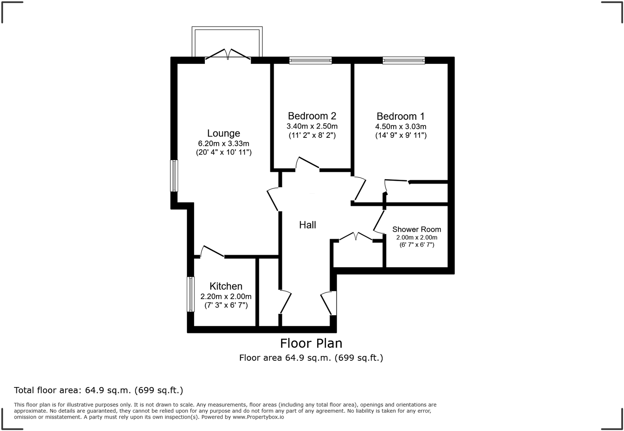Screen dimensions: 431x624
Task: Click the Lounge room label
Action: click(x=224, y=133)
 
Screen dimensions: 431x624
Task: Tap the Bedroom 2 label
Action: click(x=312, y=116)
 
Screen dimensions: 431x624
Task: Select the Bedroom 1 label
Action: click(x=400, y=117)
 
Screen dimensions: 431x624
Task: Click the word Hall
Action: click(x=308, y=225)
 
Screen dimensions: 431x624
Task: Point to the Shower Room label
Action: click(x=416, y=229)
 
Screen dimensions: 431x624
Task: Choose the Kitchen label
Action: click(x=226, y=286)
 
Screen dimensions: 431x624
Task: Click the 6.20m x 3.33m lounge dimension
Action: click(x=224, y=143)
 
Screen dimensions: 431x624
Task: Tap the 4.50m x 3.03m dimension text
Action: click(x=400, y=127)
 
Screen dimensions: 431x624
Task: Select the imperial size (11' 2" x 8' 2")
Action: click(x=312, y=135)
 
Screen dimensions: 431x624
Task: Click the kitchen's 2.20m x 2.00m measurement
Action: click(x=226, y=296)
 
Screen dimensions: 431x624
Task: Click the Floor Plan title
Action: click(x=311, y=344)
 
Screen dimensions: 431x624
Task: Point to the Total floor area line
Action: click(x=98, y=390)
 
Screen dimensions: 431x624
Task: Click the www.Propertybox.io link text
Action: click(x=258, y=417)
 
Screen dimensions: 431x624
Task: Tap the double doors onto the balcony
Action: click(x=228, y=55)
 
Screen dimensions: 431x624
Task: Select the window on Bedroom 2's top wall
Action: click(x=310, y=61)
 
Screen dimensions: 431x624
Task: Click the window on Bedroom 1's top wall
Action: click(x=404, y=61)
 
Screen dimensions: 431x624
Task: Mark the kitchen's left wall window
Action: click(x=191, y=294)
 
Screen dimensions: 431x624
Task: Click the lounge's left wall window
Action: click(x=174, y=176)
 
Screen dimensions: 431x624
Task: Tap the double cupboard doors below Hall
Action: click(x=356, y=236)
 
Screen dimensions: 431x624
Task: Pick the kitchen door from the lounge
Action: click(x=212, y=252)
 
